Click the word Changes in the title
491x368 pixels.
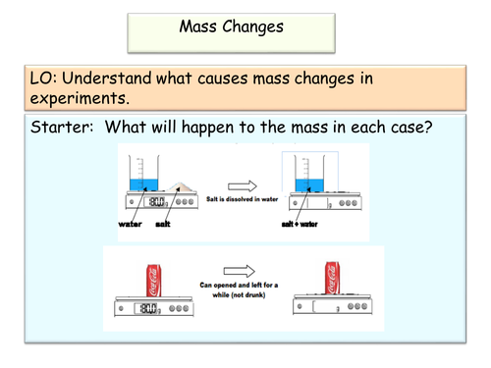(x=252, y=27)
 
